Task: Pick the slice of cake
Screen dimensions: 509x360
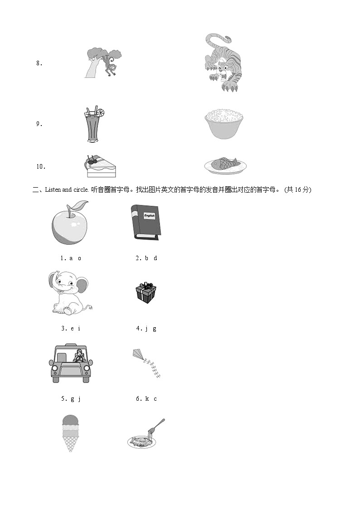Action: point(101,166)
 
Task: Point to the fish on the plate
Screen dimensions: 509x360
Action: point(225,164)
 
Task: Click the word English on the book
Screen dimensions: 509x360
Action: point(149,216)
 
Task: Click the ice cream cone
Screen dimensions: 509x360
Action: point(70,433)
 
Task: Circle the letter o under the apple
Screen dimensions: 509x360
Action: point(79,258)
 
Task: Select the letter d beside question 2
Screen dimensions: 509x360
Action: point(155,258)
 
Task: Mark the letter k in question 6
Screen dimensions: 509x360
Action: point(147,399)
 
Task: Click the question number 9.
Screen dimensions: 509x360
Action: point(39,124)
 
